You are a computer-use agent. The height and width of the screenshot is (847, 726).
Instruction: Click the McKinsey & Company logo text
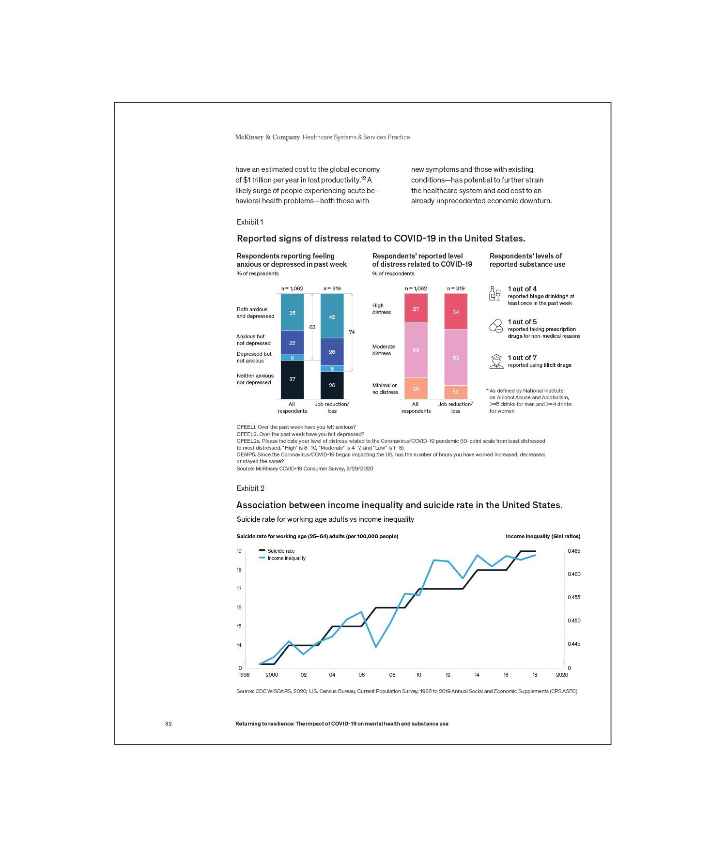(x=267, y=137)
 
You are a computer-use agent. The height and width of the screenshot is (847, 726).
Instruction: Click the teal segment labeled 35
(x=292, y=313)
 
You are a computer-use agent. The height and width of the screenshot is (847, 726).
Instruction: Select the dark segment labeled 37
(x=292, y=379)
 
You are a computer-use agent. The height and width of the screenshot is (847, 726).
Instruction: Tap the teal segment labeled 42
(x=332, y=317)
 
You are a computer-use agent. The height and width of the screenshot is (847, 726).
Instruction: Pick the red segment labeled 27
(x=416, y=308)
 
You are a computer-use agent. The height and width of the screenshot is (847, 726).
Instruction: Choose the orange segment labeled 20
(x=416, y=388)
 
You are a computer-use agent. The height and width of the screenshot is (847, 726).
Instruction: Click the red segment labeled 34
(x=455, y=312)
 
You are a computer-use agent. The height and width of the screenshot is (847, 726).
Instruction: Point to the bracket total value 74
(x=352, y=332)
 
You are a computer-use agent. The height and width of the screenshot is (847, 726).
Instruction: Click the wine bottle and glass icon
(x=495, y=293)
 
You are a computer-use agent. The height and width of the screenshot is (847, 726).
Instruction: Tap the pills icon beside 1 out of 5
(x=496, y=326)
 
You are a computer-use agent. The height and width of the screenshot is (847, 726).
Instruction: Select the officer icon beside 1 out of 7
(x=496, y=362)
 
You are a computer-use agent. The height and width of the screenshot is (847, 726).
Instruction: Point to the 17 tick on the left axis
(x=239, y=589)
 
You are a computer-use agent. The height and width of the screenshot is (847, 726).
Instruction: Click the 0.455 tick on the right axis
(x=573, y=597)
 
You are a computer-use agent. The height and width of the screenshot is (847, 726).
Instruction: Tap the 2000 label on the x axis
(x=272, y=675)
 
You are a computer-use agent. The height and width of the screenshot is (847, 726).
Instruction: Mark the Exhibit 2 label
(x=250, y=488)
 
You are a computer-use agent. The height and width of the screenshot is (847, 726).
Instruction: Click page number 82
(x=169, y=724)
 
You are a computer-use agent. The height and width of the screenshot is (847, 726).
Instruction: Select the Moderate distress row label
(x=384, y=350)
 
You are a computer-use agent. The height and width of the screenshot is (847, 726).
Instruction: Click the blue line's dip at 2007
(x=376, y=647)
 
